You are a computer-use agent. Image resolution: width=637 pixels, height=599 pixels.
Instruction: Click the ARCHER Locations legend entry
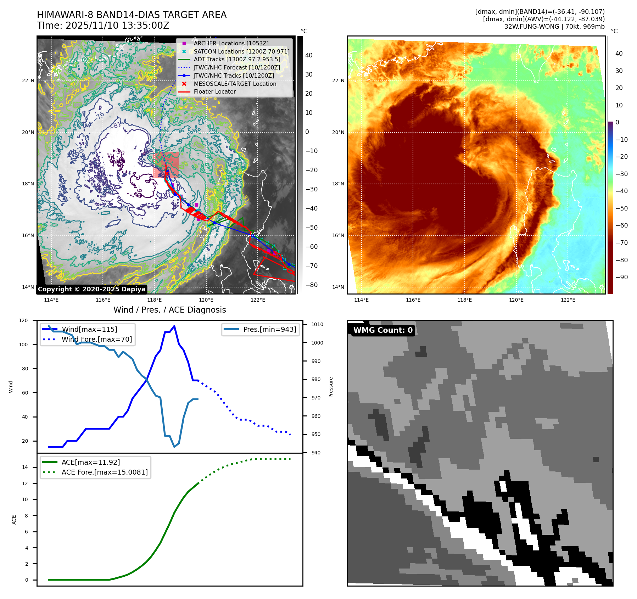coord(231,43)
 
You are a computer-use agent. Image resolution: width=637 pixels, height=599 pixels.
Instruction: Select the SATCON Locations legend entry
coord(241,51)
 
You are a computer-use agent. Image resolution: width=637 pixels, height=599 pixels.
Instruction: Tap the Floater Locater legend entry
coord(214,91)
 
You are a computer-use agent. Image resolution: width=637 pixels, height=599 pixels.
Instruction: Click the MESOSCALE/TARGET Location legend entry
coord(235,84)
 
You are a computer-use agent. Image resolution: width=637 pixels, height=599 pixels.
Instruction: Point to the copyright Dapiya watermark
coord(91,289)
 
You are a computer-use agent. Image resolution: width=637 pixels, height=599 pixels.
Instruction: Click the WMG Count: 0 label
coord(383,330)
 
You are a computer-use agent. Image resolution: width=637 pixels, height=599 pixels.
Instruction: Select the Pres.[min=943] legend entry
coord(269,329)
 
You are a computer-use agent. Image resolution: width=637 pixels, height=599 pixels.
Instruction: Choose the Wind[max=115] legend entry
coord(89,329)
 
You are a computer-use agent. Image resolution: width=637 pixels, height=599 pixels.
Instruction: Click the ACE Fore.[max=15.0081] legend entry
coord(104,472)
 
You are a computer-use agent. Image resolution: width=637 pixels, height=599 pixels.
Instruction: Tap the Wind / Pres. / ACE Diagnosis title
coord(169,310)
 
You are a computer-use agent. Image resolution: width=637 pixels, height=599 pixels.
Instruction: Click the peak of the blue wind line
coord(174,326)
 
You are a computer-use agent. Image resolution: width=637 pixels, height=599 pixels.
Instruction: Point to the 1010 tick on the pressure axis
coord(317,324)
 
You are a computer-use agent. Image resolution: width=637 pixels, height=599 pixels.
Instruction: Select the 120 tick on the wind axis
coord(23,320)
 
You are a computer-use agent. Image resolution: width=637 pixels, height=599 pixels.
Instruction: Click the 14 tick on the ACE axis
coord(25,467)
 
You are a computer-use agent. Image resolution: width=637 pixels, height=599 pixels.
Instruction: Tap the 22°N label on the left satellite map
coord(28,80)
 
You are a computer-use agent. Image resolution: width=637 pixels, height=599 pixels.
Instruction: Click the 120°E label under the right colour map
coord(516,300)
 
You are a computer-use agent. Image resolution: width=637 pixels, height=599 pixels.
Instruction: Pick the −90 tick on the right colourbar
coord(621,277)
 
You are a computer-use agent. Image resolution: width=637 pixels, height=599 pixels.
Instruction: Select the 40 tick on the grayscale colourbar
coord(309,55)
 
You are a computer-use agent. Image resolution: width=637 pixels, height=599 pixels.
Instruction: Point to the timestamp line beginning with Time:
coord(103,26)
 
